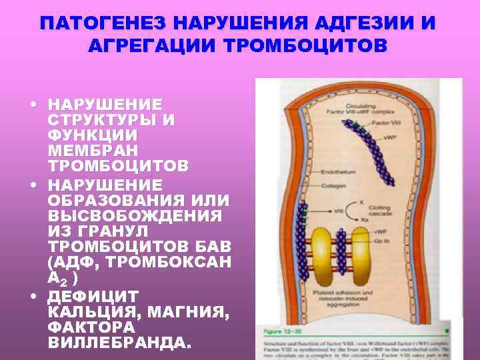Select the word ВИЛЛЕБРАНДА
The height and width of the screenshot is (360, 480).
120,343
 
